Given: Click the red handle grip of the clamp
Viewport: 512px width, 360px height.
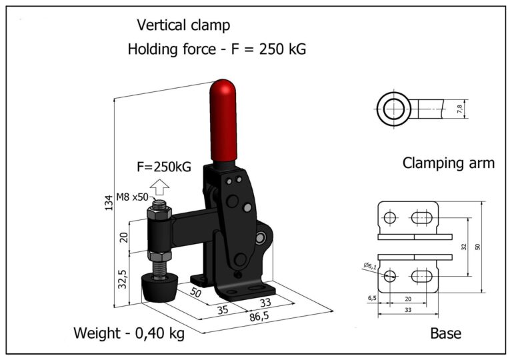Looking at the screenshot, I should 224,120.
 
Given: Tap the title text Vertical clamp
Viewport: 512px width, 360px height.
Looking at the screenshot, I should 183,25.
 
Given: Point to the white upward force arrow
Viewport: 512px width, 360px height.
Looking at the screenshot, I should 159,187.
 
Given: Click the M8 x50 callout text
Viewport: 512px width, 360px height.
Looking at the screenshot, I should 132,196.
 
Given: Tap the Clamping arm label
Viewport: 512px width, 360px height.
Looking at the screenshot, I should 448,163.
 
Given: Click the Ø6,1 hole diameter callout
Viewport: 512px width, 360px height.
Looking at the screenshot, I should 371,266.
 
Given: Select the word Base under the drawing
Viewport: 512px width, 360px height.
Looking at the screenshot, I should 445,333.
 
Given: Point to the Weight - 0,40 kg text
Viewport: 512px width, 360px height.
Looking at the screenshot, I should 129,332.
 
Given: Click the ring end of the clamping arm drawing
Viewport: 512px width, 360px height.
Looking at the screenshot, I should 393,108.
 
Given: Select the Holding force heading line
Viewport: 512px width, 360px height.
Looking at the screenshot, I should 216,49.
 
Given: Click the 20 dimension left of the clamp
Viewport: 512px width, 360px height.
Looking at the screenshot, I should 123,236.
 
